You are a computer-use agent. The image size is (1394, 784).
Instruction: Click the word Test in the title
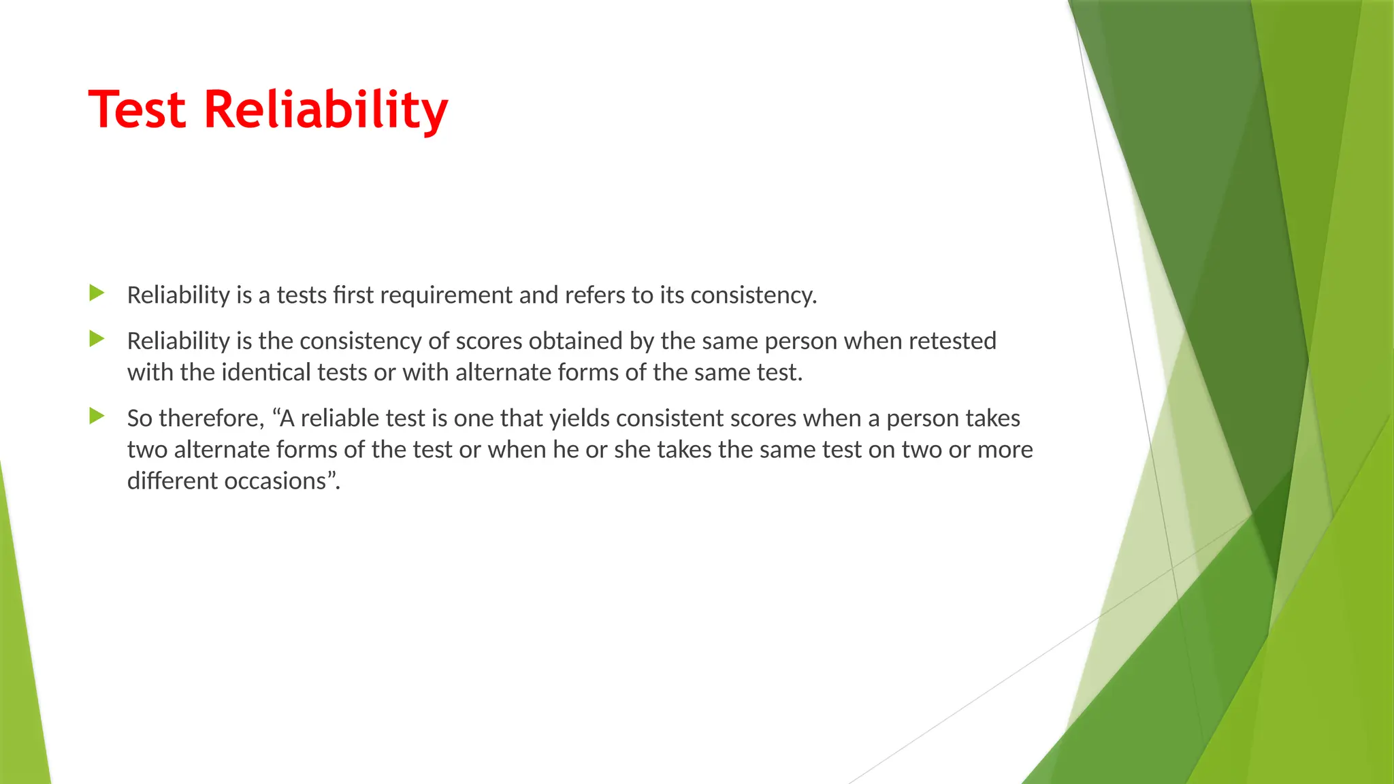137,110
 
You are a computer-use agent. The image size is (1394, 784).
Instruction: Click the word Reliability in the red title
326,111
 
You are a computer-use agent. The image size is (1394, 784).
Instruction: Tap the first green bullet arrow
97,294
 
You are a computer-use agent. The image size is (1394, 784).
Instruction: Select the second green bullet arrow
97,339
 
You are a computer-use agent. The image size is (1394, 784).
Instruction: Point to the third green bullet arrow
97,416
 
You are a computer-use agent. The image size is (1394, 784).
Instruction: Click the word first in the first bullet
353,296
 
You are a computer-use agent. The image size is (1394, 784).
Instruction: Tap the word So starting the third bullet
140,419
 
